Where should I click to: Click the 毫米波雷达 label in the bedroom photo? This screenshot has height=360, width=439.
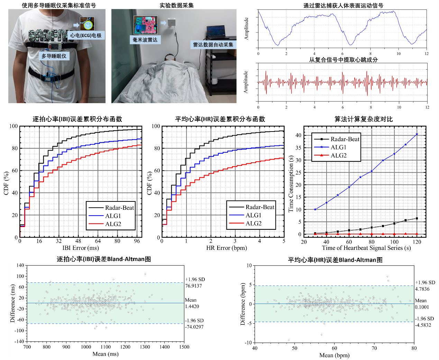point(145,40)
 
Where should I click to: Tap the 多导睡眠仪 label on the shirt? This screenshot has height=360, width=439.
point(54,56)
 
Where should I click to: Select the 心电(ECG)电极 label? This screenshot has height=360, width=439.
point(86,35)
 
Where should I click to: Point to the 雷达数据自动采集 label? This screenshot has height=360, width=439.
point(213,45)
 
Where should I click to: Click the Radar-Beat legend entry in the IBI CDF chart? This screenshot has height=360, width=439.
point(119,208)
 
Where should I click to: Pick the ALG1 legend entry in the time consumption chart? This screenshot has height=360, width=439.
point(338,147)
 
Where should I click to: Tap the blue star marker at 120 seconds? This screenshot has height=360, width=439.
point(417,134)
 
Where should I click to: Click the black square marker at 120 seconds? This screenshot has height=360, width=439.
point(417,218)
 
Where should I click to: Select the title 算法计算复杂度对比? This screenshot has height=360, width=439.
point(363,119)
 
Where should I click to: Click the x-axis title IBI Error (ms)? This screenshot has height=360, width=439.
point(81,248)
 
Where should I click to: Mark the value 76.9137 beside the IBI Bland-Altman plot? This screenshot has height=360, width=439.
point(193,286)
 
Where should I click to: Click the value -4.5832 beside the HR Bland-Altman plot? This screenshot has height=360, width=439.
point(423,325)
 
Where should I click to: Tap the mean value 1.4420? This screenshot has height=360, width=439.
point(192,306)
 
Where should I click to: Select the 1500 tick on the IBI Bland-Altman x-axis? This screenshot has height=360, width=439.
point(184,347)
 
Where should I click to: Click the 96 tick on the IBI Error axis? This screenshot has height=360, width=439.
point(137,241)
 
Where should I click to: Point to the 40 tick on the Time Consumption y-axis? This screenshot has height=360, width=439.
point(299,135)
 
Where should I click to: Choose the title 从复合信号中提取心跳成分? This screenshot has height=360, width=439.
point(343,60)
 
